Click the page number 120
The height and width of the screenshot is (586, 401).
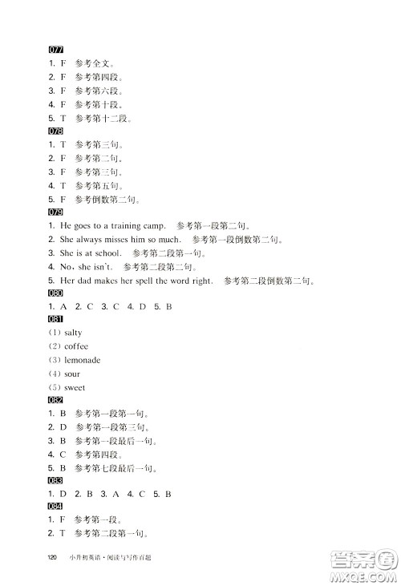[54, 558]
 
